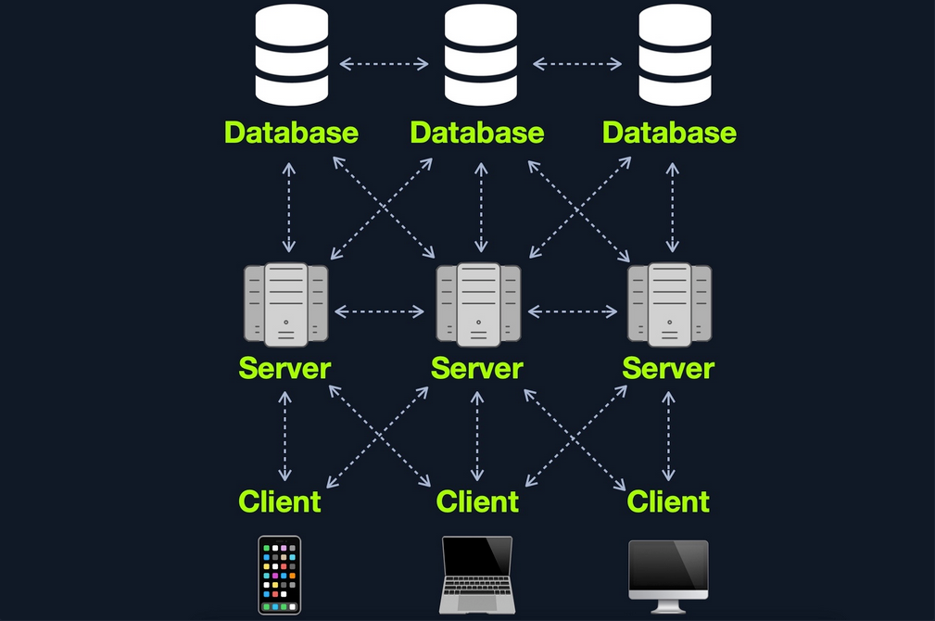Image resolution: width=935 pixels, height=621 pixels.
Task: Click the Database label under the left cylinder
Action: click(x=291, y=132)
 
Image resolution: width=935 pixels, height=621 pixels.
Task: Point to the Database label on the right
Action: click(x=669, y=132)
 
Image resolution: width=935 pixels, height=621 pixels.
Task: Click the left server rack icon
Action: click(x=286, y=304)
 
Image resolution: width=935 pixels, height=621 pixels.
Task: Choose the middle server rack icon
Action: click(x=478, y=304)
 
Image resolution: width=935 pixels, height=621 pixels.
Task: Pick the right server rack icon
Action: click(x=669, y=304)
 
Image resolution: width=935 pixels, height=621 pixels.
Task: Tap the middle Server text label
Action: click(x=477, y=368)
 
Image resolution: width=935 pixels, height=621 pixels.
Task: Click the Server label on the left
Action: click(x=284, y=368)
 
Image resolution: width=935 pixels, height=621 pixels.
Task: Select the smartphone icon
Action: click(x=279, y=575)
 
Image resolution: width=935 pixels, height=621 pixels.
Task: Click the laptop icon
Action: click(x=477, y=575)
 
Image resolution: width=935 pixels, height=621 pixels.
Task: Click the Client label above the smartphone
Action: click(x=280, y=501)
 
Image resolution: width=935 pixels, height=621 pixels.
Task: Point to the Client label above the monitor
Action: click(x=668, y=501)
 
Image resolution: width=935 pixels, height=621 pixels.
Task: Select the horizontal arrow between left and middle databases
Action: click(x=384, y=64)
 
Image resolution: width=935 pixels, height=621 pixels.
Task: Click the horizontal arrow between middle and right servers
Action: click(x=572, y=311)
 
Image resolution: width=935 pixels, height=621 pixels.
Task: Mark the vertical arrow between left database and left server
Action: click(x=289, y=208)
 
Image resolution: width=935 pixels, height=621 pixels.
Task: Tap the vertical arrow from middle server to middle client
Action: click(x=477, y=435)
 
